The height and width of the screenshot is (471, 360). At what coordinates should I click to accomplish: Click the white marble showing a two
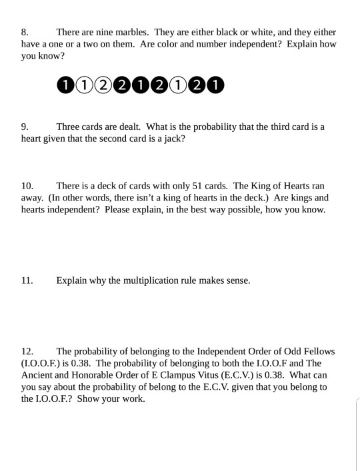click(103, 85)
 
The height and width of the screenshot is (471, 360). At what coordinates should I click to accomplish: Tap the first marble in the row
click(65, 85)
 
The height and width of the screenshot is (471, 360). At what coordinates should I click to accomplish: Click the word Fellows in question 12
click(318, 351)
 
